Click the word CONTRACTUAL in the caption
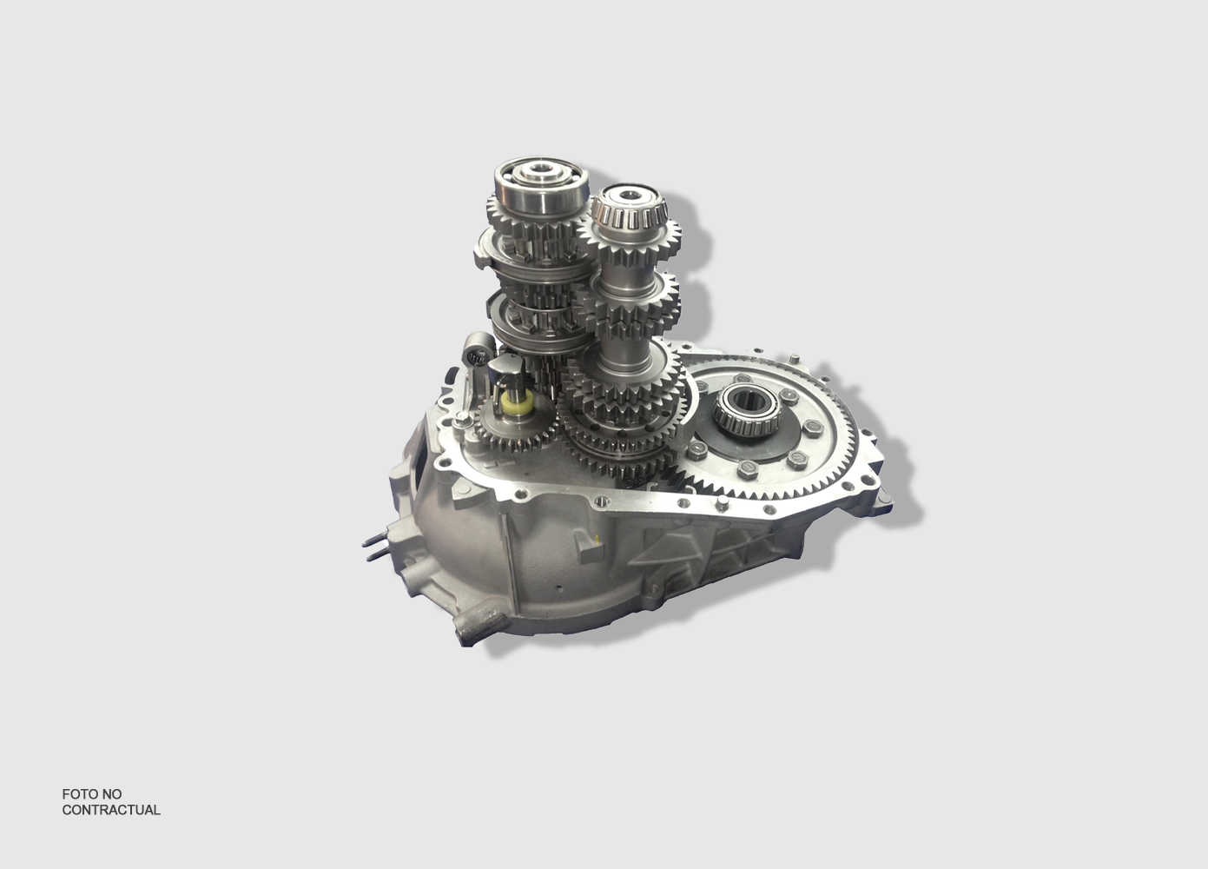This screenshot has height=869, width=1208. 111,810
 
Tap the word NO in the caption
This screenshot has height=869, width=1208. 113,794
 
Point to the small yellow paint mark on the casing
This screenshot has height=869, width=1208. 597,538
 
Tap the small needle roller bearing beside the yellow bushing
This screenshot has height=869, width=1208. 478,351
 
